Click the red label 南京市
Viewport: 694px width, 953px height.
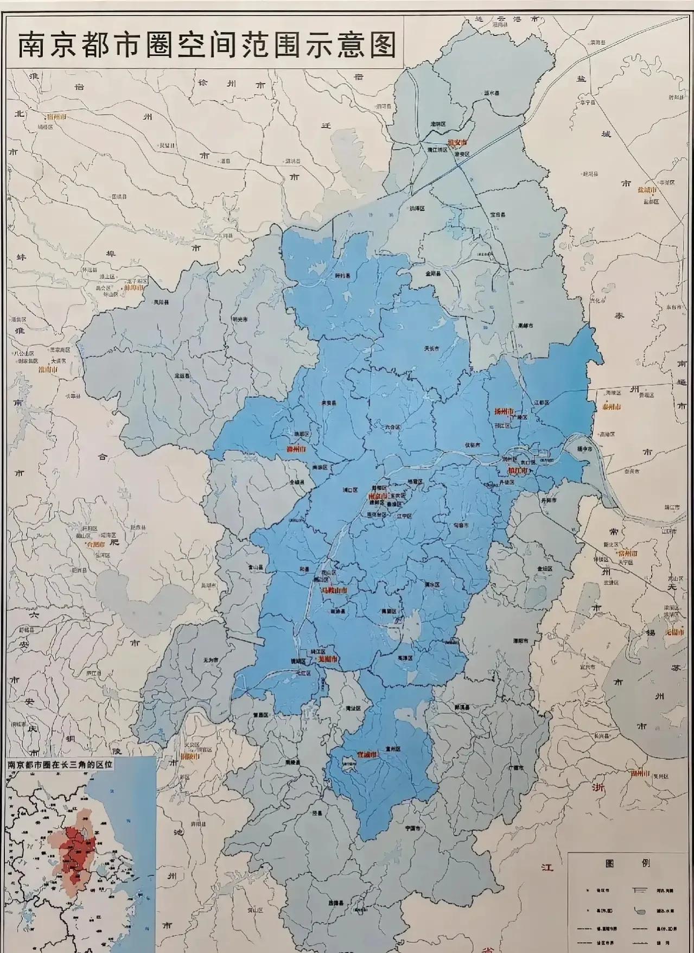point(378,496)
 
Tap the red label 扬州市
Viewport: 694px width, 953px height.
point(504,412)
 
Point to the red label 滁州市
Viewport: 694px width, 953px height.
point(296,450)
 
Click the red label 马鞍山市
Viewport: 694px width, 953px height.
point(334,589)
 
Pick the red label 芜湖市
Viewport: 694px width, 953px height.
point(327,658)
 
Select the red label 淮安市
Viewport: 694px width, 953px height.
point(457,143)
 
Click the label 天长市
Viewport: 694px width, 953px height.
point(431,349)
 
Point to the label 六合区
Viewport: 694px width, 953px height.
point(392,427)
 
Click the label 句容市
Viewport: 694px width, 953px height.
point(461,525)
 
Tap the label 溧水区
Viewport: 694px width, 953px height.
point(431,584)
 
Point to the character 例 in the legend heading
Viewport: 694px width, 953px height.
point(646,863)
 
